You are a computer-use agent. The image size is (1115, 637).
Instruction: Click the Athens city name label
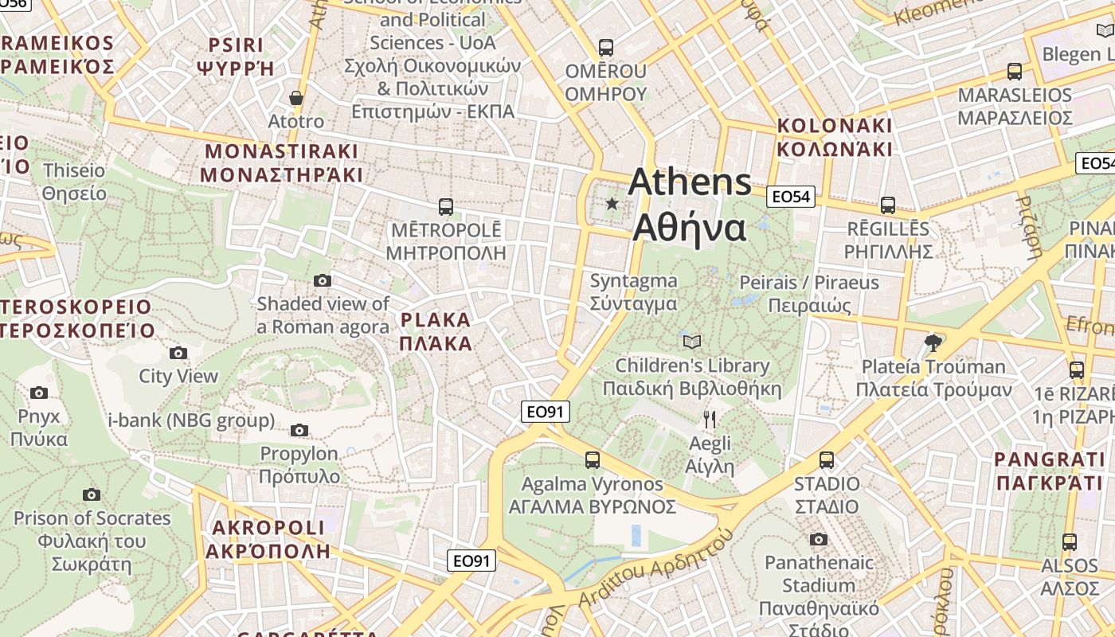[690, 205]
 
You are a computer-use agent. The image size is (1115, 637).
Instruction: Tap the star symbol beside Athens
[612, 204]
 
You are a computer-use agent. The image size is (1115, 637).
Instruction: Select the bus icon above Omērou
[606, 47]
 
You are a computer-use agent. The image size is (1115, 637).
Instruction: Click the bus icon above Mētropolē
[446, 207]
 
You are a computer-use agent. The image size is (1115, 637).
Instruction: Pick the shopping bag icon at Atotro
[296, 98]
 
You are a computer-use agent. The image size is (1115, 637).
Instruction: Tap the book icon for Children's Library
[692, 342]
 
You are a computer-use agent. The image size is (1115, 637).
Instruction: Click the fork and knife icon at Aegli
[710, 420]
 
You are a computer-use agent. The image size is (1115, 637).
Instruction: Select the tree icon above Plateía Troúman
[933, 343]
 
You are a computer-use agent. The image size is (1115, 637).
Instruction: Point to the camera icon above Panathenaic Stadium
[818, 539]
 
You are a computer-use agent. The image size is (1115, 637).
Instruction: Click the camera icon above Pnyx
[39, 393]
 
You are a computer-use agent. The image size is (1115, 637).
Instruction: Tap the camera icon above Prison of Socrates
[92, 494]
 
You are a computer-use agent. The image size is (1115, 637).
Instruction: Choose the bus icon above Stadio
[827, 460]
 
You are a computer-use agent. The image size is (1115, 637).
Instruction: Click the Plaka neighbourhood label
[436, 331]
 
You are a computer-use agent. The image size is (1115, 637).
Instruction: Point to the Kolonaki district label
[835, 137]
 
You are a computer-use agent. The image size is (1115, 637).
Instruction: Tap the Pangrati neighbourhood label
[1050, 471]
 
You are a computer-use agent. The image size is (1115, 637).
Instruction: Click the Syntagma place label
[634, 291]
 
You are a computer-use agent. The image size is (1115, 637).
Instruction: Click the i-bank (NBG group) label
[191, 420]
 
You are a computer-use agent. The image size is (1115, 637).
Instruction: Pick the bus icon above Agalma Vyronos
[592, 459]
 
